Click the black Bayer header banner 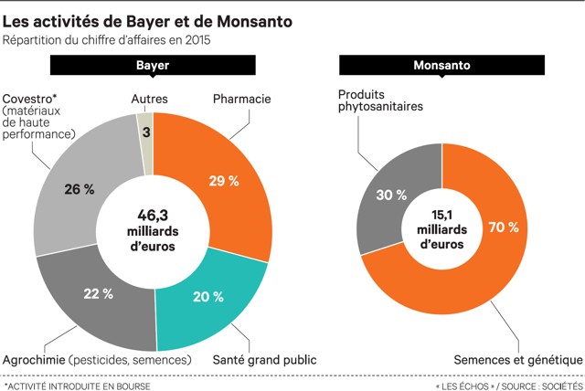pos(153,67)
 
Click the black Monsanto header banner pos(441,67)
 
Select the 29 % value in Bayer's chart pos(225,181)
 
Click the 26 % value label pos(79,189)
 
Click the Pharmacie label pos(241,97)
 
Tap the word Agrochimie pos(36,359)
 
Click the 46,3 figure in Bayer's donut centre pos(153,216)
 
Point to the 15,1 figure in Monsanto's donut pos(441,216)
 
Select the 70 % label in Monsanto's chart pos(505,226)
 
